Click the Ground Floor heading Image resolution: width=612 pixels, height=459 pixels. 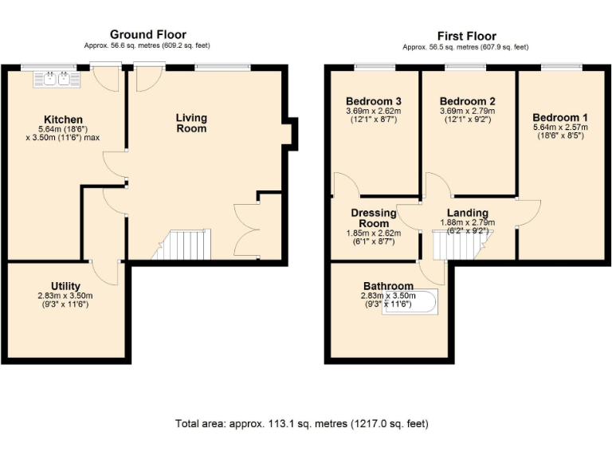click(x=147, y=34)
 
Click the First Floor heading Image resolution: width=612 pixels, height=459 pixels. click(x=466, y=36)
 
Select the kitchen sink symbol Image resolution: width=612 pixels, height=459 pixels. click(x=55, y=78)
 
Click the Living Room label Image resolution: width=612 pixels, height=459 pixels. click(x=191, y=123)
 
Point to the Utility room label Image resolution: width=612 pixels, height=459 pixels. click(x=65, y=286)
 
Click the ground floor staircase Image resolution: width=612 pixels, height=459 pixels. click(x=184, y=245)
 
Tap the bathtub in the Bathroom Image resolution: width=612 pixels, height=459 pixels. click(x=409, y=303)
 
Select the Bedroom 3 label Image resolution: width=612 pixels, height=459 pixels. click(x=373, y=101)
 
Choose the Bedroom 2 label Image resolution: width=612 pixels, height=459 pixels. click(x=468, y=101)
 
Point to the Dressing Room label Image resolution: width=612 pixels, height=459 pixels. click(x=374, y=218)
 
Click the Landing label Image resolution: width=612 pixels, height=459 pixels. click(x=468, y=213)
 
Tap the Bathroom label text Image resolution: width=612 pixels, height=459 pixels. click(x=388, y=286)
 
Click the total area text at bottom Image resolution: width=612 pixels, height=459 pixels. click(x=307, y=423)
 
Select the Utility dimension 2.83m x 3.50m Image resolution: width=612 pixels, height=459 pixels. click(x=65, y=296)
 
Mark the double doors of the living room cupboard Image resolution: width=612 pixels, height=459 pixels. click(x=246, y=230)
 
